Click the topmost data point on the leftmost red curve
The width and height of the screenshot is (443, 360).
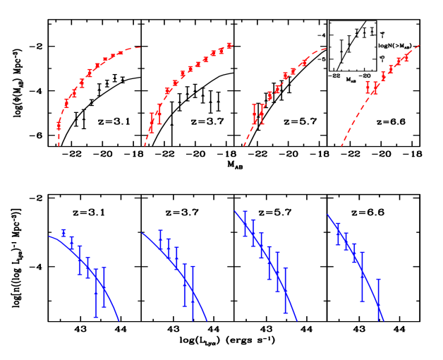point(121,53)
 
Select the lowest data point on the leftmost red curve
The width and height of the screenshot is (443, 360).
point(59,124)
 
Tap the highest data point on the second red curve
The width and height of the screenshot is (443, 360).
point(229,47)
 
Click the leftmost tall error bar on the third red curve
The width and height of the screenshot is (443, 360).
point(255,114)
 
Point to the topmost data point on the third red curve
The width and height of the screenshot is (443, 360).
point(305,62)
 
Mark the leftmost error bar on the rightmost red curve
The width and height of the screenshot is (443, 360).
point(368,88)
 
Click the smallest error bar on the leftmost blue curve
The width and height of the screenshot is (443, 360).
point(64,232)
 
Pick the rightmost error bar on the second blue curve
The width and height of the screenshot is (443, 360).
point(193,293)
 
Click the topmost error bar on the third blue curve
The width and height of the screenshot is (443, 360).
point(245,223)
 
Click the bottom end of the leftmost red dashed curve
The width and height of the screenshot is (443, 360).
point(59,146)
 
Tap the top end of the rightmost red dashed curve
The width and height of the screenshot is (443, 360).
point(420,45)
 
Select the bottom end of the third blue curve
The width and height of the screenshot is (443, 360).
point(297,320)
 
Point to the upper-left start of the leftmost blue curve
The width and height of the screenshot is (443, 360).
point(49,236)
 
